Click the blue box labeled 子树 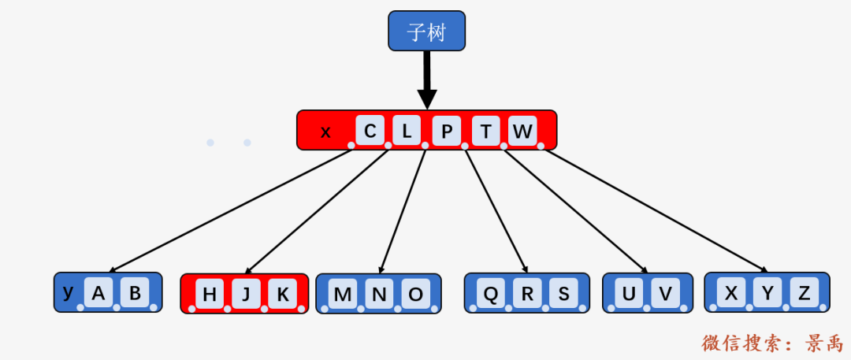[426, 31]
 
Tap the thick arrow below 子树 [427, 80]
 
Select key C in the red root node [370, 131]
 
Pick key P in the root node [446, 131]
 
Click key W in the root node [522, 131]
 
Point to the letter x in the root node [325, 132]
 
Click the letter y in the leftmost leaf [68, 293]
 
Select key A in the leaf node [98, 293]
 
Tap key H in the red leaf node [209, 295]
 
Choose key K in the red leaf [283, 295]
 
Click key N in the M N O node [379, 295]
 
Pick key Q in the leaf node [491, 293]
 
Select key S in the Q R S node [564, 293]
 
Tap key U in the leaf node [629, 293]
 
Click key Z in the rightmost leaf [804, 293]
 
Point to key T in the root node [485, 131]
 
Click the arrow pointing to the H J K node [317, 211]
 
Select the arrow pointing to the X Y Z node [656, 210]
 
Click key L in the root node [407, 131]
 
